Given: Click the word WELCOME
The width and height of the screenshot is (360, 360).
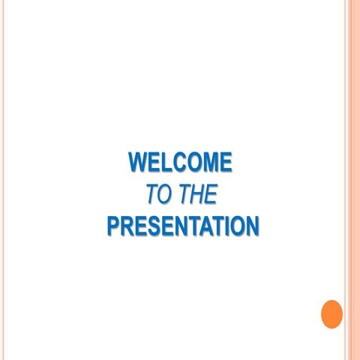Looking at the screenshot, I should pos(180,162).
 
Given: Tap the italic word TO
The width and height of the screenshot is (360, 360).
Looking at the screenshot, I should pos(158,194).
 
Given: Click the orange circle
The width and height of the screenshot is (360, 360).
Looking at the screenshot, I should pos(331,313).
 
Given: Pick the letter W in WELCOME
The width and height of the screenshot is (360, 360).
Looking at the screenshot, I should pos(139,162).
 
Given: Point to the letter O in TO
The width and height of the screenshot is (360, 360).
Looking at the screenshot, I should pos(165,194).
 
